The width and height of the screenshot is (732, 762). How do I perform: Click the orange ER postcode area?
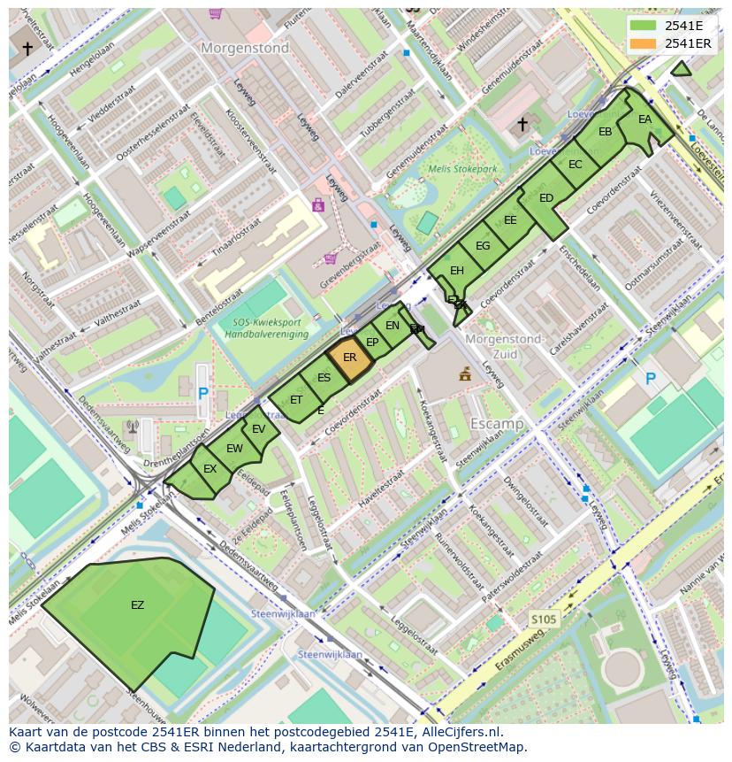pyautogui.click(x=349, y=358)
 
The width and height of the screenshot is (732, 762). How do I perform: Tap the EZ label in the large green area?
pyautogui.click(x=137, y=605)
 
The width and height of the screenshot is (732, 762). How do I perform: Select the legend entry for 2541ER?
pyautogui.click(x=687, y=43)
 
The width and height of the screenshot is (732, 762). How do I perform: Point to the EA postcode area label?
pyautogui.click(x=644, y=119)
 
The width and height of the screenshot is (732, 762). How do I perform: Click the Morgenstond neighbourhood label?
pyautogui.click(x=245, y=49)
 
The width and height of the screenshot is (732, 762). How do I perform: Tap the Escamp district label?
pyautogui.click(x=496, y=424)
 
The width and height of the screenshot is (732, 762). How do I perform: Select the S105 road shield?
pyautogui.click(x=544, y=620)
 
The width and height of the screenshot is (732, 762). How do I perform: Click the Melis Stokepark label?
pyautogui.click(x=462, y=169)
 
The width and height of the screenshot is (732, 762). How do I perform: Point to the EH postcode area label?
pyautogui.click(x=456, y=271)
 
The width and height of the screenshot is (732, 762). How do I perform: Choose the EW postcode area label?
pyautogui.click(x=234, y=449)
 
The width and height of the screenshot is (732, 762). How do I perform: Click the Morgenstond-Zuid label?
pyautogui.click(x=503, y=346)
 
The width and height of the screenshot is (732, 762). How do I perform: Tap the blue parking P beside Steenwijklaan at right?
pyautogui.click(x=650, y=379)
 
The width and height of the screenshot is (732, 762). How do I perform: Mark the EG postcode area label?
pyautogui.click(x=483, y=246)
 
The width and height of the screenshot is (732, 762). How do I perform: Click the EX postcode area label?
pyautogui.click(x=210, y=469)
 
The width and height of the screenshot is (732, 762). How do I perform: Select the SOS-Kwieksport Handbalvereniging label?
pyautogui.click(x=265, y=328)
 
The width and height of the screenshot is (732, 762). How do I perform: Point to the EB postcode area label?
pyautogui.click(x=605, y=132)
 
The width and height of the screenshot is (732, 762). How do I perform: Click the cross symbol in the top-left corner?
pyautogui.click(x=27, y=49)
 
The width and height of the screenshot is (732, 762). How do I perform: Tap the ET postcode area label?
pyautogui.click(x=296, y=400)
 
